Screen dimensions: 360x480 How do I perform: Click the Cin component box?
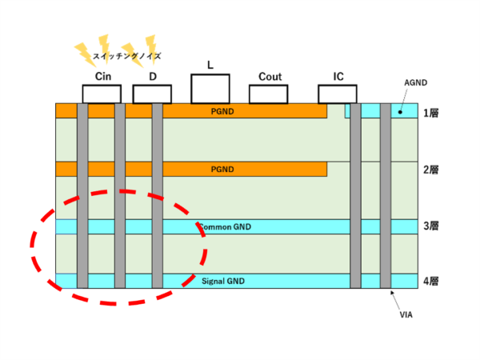tap(102, 94)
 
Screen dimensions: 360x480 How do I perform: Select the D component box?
tap(152, 94)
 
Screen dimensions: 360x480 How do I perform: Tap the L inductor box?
tap(210, 88)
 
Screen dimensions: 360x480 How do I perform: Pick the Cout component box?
tap(270, 94)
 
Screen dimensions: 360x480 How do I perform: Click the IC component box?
tap(337, 94)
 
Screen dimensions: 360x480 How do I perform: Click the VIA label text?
tap(406, 315)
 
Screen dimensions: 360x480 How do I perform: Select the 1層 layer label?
tap(430, 113)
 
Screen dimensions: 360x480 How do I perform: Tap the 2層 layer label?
tap(430, 170)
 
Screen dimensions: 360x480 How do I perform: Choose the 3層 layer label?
tap(430, 226)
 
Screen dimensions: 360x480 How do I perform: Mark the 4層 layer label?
tap(430, 282)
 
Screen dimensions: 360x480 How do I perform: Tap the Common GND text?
tap(225, 227)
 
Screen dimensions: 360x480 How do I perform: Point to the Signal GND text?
tap(224, 282)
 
